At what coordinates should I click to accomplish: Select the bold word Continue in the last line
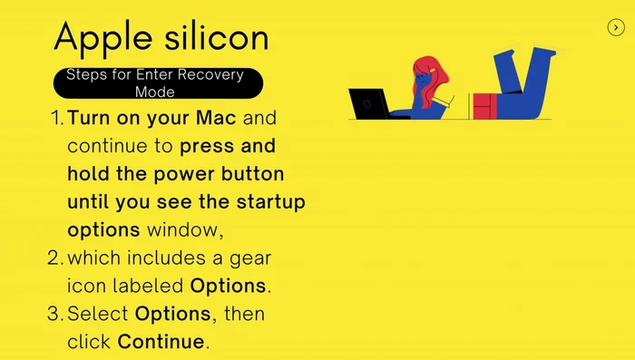(x=161, y=343)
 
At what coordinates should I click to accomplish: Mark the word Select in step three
(x=98, y=315)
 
